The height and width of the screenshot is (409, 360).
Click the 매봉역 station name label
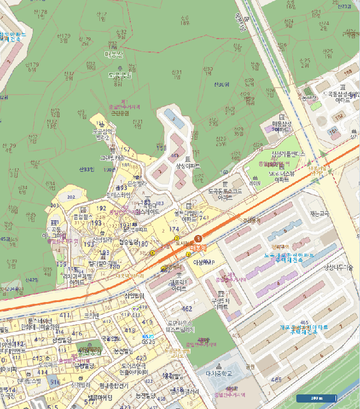pyautogui.click(x=199, y=248)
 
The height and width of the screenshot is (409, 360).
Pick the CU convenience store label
pyautogui.click(x=138, y=315)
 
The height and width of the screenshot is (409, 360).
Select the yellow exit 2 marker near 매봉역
pyautogui.click(x=176, y=238)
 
